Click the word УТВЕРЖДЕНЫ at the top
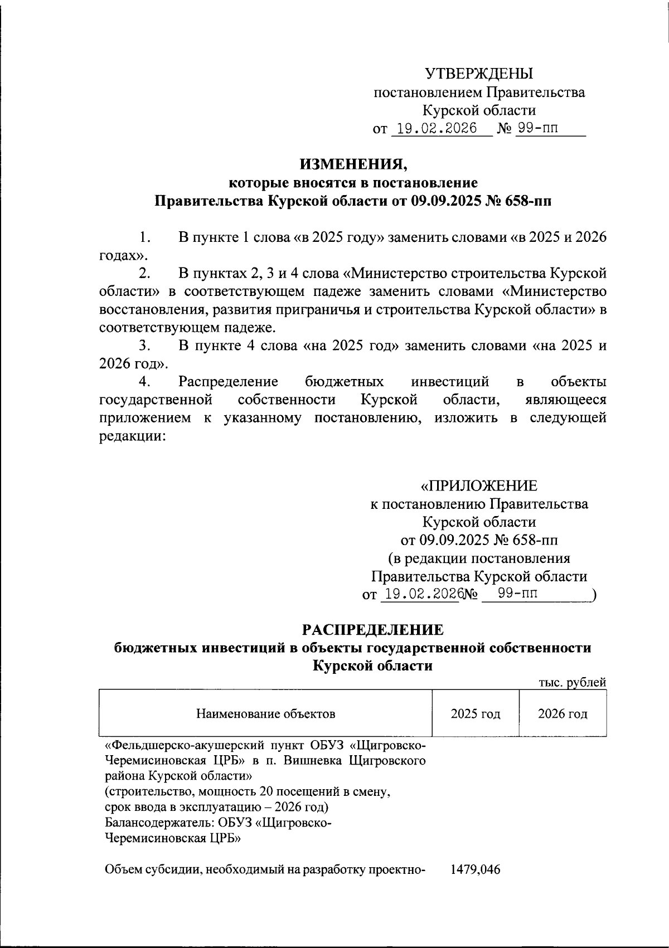point(479,74)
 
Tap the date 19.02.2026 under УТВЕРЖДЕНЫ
point(434,129)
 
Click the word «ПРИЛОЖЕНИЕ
point(479,486)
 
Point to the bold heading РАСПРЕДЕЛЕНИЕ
point(372,630)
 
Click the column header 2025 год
point(475,714)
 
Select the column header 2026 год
point(563,714)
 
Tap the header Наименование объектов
point(265,714)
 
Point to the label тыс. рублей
point(572,682)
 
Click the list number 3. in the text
point(145,346)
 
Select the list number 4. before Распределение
point(145,382)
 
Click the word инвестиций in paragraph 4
point(450,382)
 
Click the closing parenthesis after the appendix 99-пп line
point(595,595)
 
